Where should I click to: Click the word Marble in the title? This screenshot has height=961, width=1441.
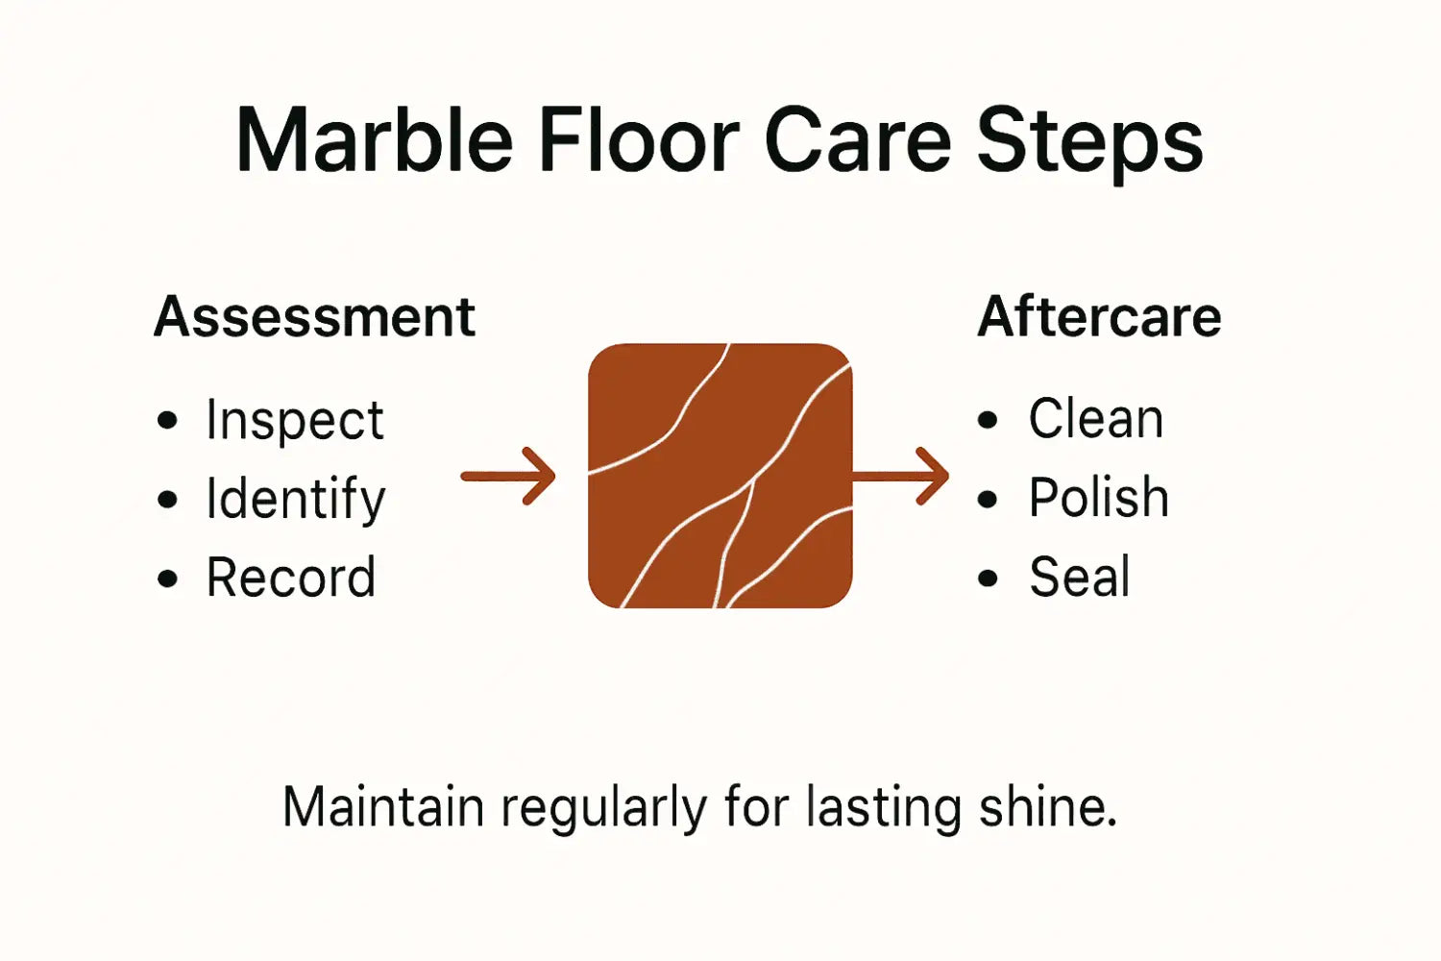(x=375, y=141)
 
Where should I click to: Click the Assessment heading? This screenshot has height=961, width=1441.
(x=314, y=317)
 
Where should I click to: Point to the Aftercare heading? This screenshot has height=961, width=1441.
(x=1099, y=317)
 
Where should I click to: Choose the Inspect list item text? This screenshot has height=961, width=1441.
(x=294, y=421)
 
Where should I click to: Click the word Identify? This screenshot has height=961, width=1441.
(x=295, y=500)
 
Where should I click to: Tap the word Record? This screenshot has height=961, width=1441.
(x=290, y=578)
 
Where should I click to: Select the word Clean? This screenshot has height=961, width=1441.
(x=1095, y=419)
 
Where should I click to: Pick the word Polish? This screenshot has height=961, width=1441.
(x=1098, y=498)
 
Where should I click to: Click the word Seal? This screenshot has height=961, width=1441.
(x=1079, y=578)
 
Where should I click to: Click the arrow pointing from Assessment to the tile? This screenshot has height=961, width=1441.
(x=509, y=476)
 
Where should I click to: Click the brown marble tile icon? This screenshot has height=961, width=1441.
(x=720, y=476)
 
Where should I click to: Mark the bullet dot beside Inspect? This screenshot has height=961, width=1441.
(x=168, y=421)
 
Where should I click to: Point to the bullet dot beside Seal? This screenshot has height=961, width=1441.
(x=988, y=578)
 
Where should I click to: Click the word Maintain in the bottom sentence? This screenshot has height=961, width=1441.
(x=382, y=807)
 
